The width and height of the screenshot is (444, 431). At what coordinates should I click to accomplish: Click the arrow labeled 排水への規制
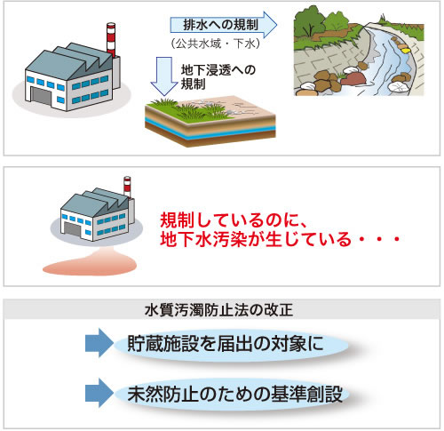pyautogui.click(x=224, y=25)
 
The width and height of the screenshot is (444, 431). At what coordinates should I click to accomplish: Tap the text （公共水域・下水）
pyautogui.click(x=216, y=44)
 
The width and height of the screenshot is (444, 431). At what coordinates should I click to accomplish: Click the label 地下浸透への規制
pyautogui.click(x=218, y=77)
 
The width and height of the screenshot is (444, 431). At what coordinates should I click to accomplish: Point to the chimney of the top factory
pyautogui.click(x=111, y=39)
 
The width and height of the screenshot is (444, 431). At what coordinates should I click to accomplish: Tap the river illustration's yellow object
pyautogui.click(x=406, y=51)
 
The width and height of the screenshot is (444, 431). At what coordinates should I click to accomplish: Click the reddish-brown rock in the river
pyautogui.click(x=353, y=79)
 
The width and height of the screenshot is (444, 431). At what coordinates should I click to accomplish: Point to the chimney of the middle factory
pyautogui.click(x=127, y=188)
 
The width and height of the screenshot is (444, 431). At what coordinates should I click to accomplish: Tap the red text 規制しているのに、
pyautogui.click(x=234, y=219)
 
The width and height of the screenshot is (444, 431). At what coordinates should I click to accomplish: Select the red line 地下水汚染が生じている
pyautogui.click(x=256, y=239)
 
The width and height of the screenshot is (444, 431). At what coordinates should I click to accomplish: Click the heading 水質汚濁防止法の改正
pyautogui.click(x=219, y=310)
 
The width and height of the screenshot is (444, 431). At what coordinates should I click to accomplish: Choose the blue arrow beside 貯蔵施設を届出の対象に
pyautogui.click(x=99, y=343)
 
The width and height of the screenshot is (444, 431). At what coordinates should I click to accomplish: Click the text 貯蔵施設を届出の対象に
pyautogui.click(x=226, y=344)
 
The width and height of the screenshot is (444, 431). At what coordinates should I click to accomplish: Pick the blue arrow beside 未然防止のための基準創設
pyautogui.click(x=99, y=393)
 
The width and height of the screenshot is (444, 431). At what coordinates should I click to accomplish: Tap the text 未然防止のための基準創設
pyautogui.click(x=235, y=394)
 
